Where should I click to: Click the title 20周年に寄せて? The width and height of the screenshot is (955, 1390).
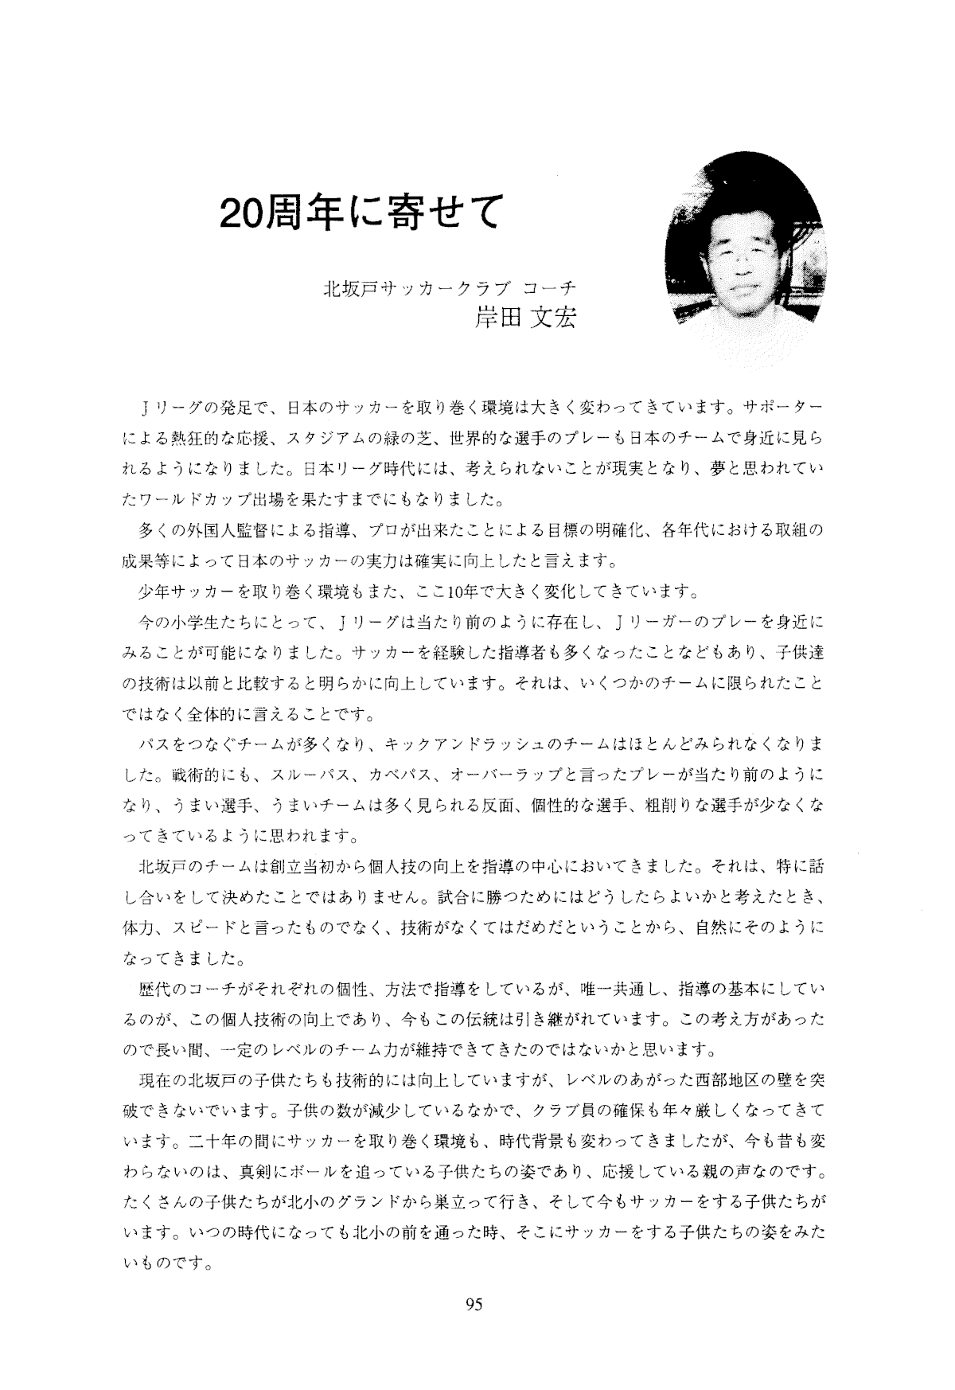pos(362,211)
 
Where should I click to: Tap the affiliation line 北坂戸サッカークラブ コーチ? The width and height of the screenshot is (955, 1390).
pos(450,287)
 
